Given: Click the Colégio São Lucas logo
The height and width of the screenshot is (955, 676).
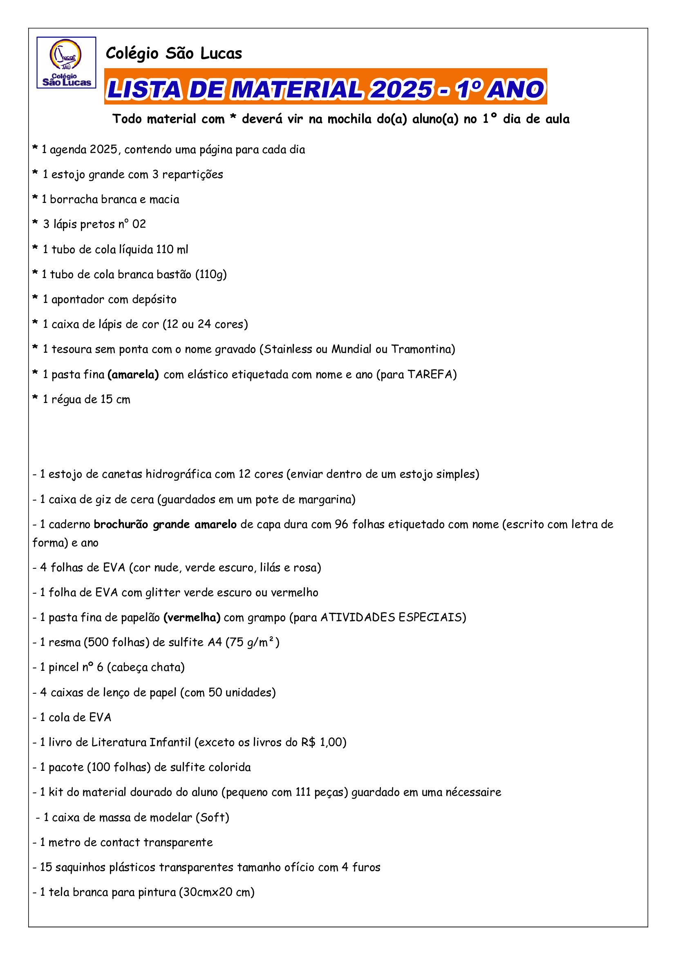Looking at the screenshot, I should point(66,62).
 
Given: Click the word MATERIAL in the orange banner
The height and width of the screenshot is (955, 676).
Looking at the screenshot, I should point(297,89).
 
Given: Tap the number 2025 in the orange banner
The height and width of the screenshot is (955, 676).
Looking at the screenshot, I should point(401,89).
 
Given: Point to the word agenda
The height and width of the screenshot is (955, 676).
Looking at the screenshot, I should point(68,150).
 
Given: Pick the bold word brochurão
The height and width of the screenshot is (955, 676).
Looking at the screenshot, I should point(121,525).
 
